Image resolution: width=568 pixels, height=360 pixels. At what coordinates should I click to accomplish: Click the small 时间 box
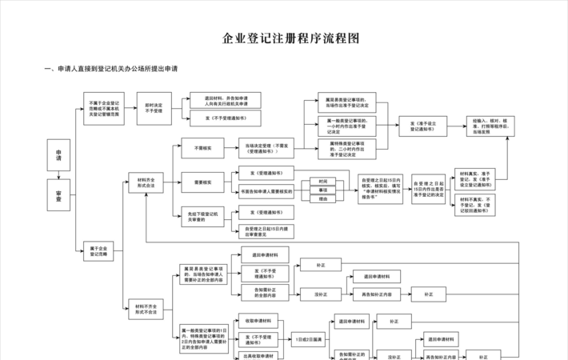coord(323,182)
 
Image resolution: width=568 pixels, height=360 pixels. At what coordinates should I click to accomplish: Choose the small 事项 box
coord(323,190)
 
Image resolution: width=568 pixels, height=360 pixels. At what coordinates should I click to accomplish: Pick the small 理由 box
coord(323,199)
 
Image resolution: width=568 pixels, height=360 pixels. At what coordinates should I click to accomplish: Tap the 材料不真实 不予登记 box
coord(474,203)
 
